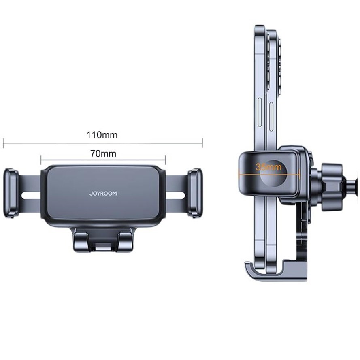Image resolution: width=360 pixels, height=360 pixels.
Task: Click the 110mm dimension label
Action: click(x=102, y=135)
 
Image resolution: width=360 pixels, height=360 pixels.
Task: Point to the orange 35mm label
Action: click(x=268, y=167)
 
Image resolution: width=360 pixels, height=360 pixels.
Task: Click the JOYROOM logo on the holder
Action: click(x=103, y=194)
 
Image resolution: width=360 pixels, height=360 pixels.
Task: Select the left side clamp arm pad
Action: click(x=11, y=193)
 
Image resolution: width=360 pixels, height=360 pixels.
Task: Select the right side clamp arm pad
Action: click(x=195, y=193)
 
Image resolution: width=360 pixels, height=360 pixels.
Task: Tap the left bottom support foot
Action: click(x=81, y=241)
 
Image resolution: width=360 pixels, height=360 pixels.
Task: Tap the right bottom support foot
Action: click(x=125, y=241)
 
